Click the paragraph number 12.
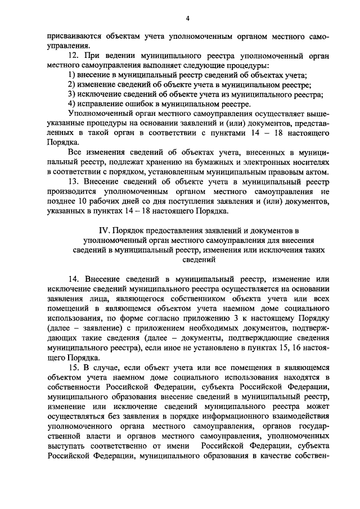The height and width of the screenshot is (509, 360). point(72,56)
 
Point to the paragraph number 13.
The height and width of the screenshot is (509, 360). point(72,182)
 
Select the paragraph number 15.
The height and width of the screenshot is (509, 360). point(72,367)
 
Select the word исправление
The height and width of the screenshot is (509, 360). point(99,104)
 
